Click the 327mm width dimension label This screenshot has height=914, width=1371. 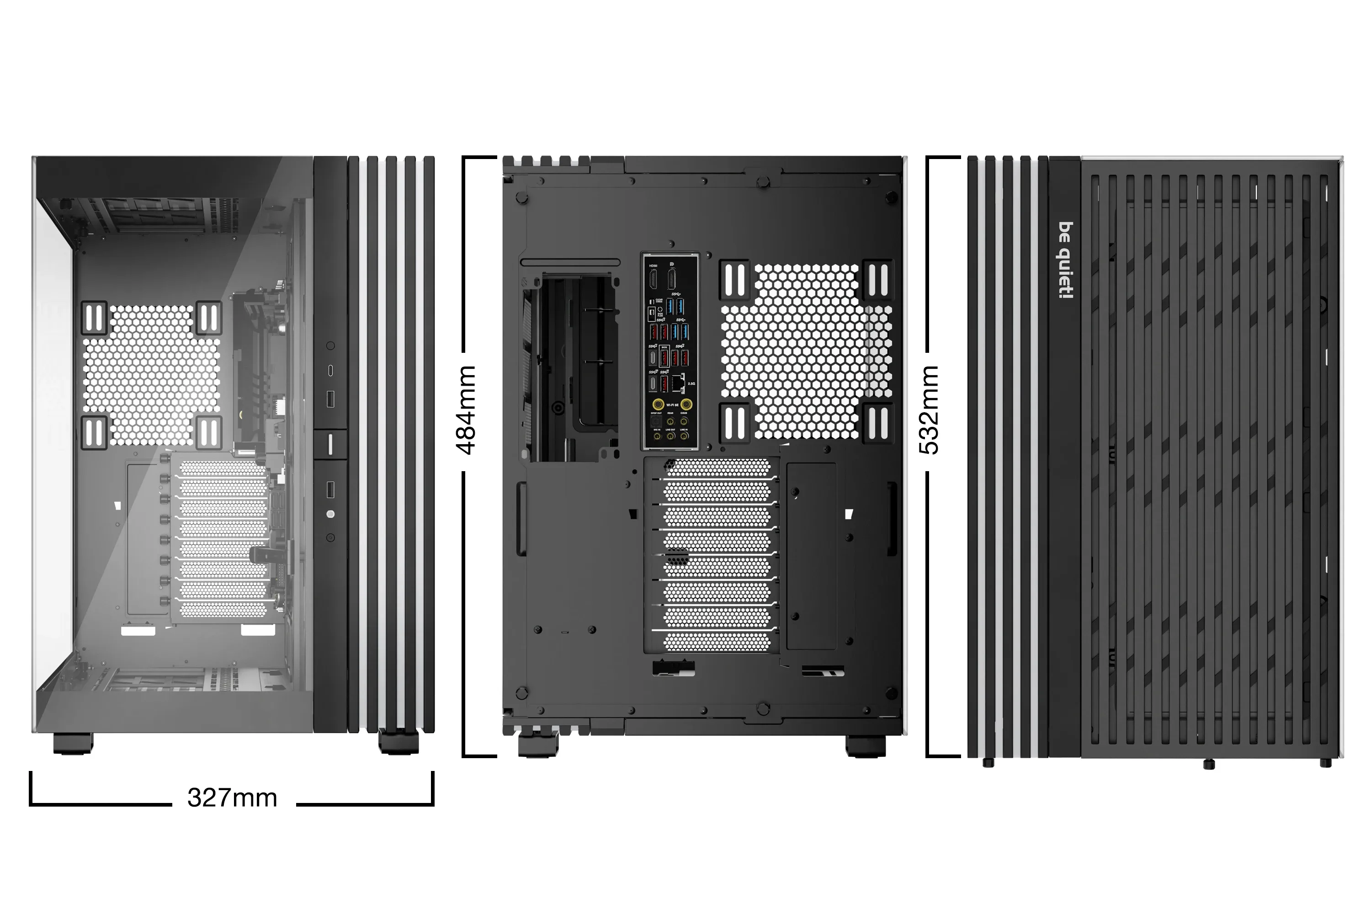(x=232, y=798)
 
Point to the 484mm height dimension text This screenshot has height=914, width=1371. (x=466, y=410)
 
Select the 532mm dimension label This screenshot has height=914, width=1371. (x=929, y=410)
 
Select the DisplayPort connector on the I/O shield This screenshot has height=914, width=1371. (x=671, y=279)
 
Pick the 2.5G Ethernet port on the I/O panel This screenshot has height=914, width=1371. (x=677, y=383)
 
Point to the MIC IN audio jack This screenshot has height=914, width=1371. (x=657, y=436)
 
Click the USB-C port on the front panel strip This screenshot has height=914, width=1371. (x=330, y=370)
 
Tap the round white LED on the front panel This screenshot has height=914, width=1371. (x=330, y=514)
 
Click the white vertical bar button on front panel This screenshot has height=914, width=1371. (x=330, y=444)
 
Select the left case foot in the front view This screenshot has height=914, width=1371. (x=73, y=743)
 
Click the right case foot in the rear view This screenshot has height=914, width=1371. (x=865, y=746)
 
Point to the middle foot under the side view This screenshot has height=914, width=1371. (x=1208, y=764)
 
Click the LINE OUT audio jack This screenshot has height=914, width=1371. (x=670, y=436)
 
